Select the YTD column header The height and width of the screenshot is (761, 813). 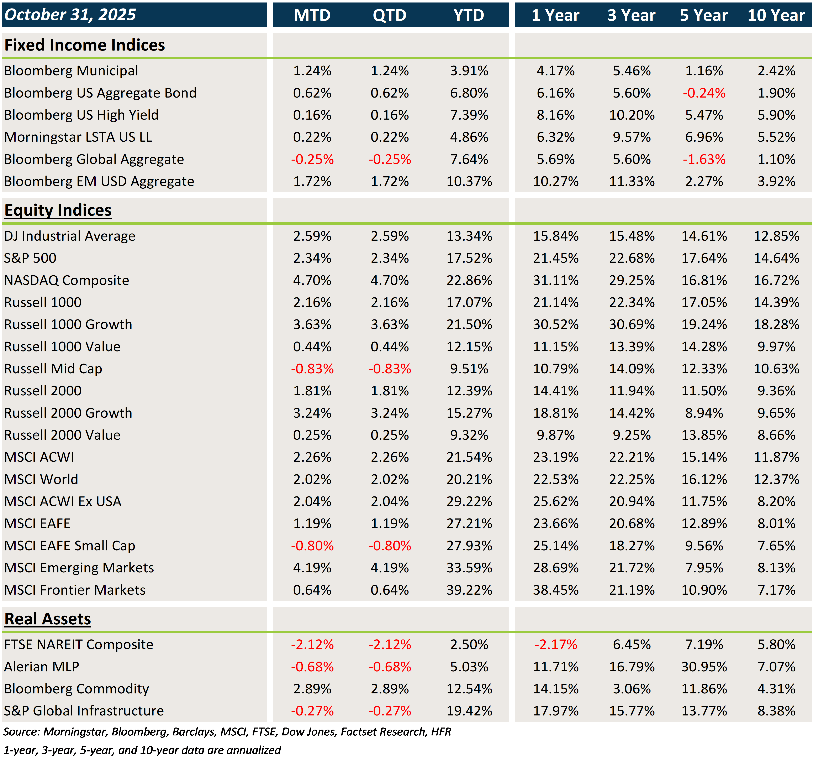tap(469, 15)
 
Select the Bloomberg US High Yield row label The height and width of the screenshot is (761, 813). tap(81, 115)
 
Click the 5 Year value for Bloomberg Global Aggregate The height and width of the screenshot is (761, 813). tap(704, 159)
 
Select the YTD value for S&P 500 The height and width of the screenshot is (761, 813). tap(469, 258)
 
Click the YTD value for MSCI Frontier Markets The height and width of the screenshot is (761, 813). tap(469, 590)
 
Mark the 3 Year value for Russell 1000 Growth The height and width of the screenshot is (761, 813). tap(632, 324)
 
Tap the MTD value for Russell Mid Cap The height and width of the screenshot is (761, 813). tap(312, 369)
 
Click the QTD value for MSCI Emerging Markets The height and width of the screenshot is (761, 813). tap(389, 568)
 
